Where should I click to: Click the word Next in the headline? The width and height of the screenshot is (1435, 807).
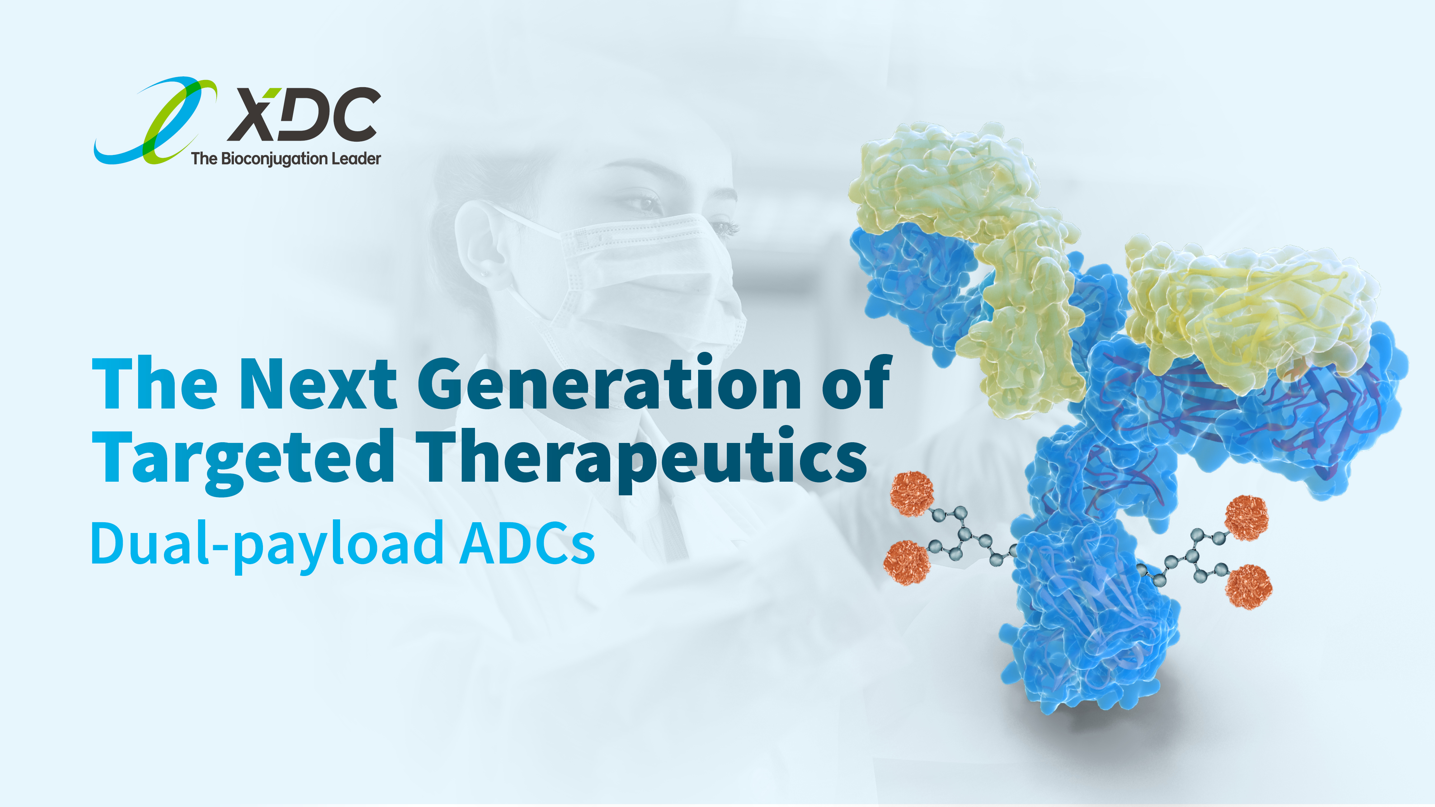point(318,384)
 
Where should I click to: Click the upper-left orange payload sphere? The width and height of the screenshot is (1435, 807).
point(912,494)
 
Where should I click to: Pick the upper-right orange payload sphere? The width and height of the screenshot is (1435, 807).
point(1247,518)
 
